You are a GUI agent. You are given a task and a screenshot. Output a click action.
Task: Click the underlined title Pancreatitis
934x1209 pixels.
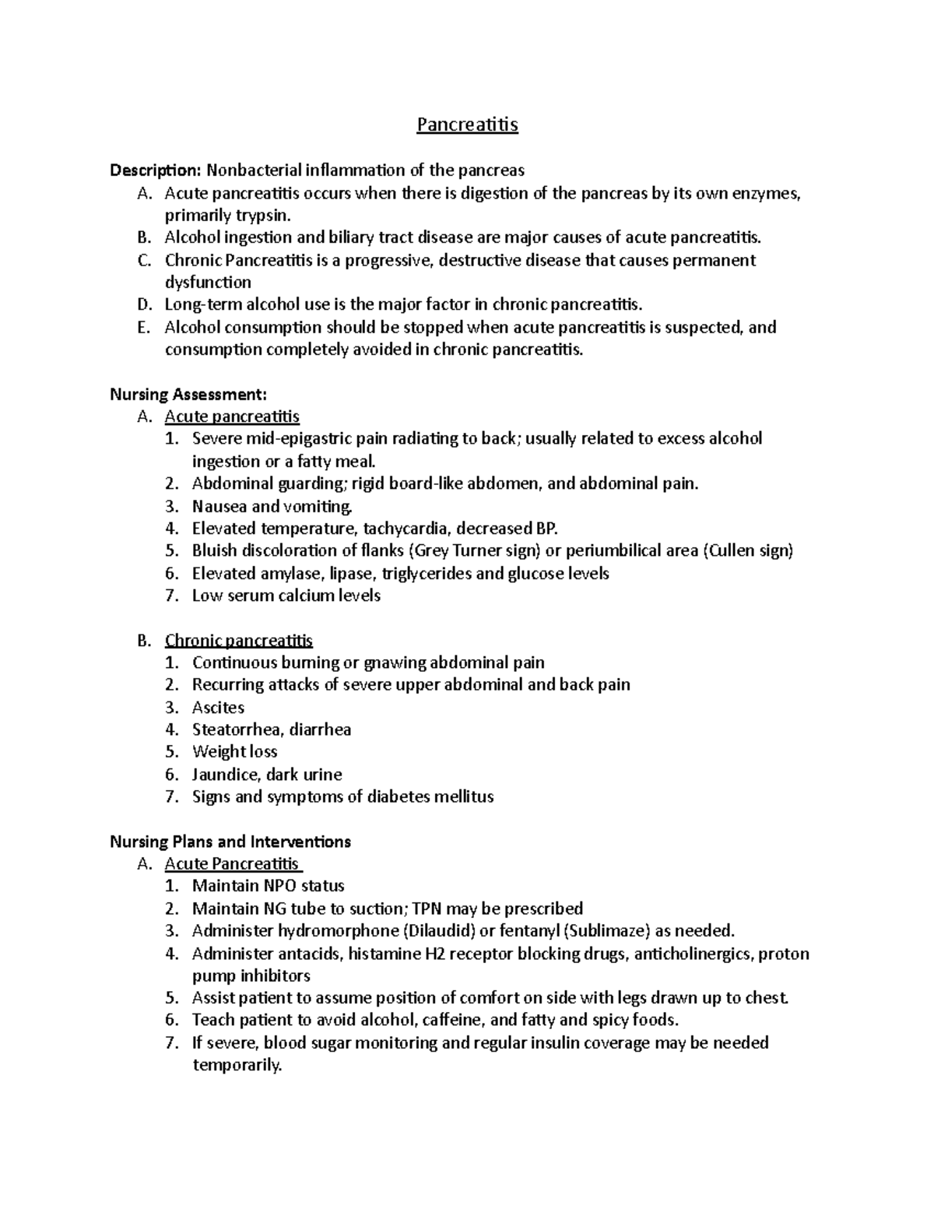coord(467,125)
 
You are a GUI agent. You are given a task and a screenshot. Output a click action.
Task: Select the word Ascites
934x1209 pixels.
coord(218,708)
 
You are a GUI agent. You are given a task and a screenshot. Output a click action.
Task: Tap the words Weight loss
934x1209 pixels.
coord(234,752)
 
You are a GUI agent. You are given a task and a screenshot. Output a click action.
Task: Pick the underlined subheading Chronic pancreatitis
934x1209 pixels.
coord(238,641)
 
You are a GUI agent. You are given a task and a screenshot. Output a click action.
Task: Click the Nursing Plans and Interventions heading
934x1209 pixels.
coord(230,842)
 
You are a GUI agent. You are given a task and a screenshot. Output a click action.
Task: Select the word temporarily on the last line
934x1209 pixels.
coord(236,1065)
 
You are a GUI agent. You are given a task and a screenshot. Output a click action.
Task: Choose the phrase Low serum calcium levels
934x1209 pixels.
coord(286,596)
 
